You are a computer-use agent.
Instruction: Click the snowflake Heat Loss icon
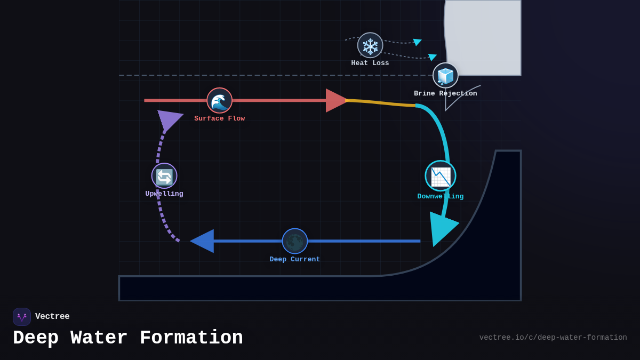tap(370, 45)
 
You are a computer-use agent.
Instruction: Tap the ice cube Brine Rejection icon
tap(445, 75)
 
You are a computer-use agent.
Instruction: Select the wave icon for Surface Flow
tap(220, 100)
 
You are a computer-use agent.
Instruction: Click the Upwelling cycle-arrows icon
tap(164, 176)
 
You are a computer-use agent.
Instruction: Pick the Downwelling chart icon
tap(441, 176)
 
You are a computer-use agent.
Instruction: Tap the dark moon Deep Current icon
tap(295, 241)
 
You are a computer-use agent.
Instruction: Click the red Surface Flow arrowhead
tap(336, 100)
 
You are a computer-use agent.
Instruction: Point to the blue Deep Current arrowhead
tap(204, 241)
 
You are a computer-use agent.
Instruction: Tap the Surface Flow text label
tap(219, 118)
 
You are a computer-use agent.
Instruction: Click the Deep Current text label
tap(295, 259)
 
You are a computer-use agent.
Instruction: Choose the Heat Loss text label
tap(370, 63)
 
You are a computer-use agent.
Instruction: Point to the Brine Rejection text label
tap(445, 93)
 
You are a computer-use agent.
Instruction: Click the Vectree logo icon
tap(22, 317)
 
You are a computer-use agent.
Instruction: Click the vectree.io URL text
tap(553, 338)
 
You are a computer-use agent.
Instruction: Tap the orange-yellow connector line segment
tap(381, 102)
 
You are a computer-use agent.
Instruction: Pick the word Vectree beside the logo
tap(52, 317)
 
